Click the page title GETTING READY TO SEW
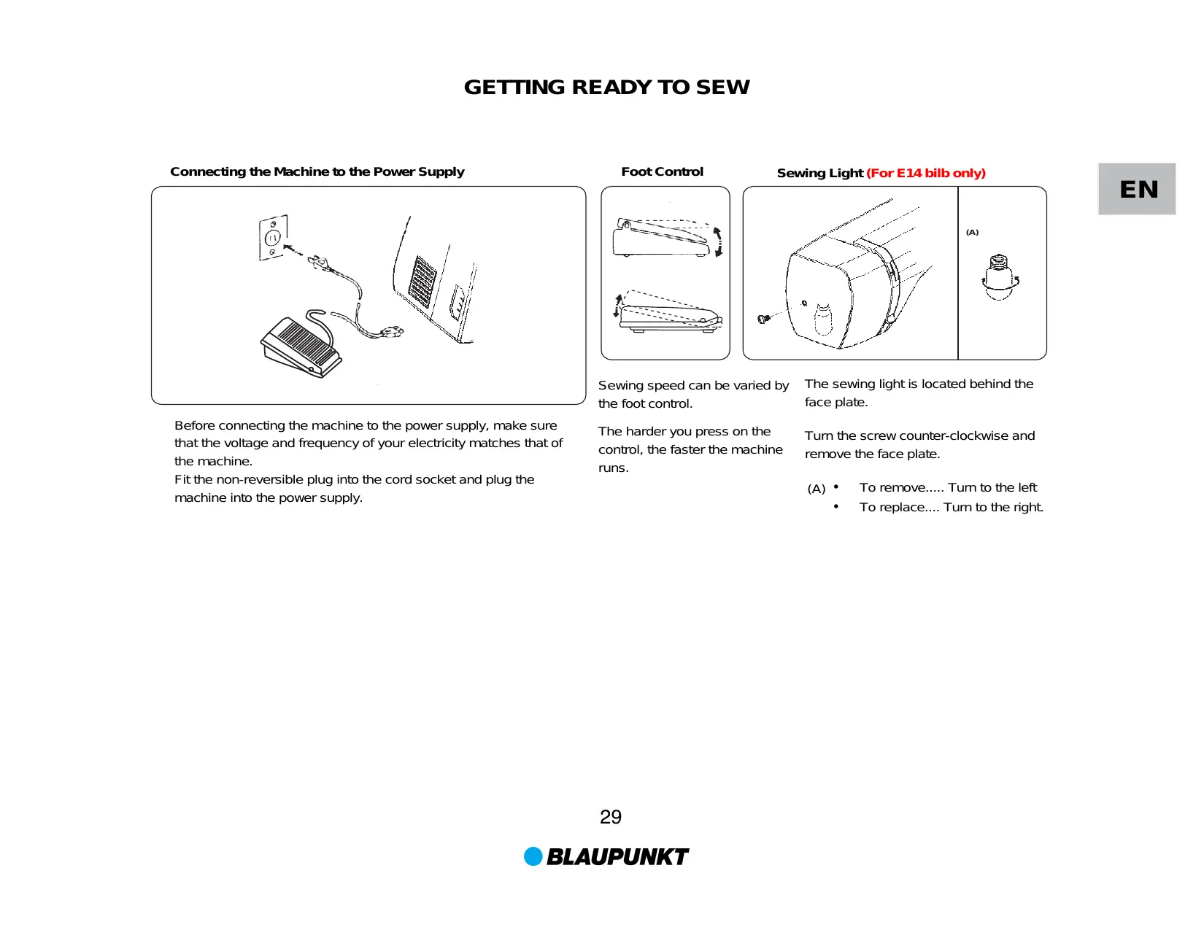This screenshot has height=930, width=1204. pyautogui.click(x=606, y=88)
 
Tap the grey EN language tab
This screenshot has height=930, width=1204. pyautogui.click(x=1137, y=190)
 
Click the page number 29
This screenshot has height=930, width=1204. pyautogui.click(x=610, y=817)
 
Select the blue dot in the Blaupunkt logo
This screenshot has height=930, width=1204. pyautogui.click(x=533, y=856)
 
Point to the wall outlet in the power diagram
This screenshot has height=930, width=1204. pyautogui.click(x=273, y=237)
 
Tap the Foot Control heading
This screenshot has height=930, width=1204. pyautogui.click(x=662, y=172)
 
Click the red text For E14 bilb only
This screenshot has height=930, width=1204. pyautogui.click(x=925, y=174)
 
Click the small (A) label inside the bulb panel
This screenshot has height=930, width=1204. pyautogui.click(x=972, y=233)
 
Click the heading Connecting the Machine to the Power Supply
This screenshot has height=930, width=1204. pyautogui.click(x=317, y=172)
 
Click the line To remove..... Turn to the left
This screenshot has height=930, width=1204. pyautogui.click(x=947, y=488)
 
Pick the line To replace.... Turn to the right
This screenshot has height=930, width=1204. pyautogui.click(x=950, y=508)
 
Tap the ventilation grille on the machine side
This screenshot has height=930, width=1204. pyautogui.click(x=422, y=281)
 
